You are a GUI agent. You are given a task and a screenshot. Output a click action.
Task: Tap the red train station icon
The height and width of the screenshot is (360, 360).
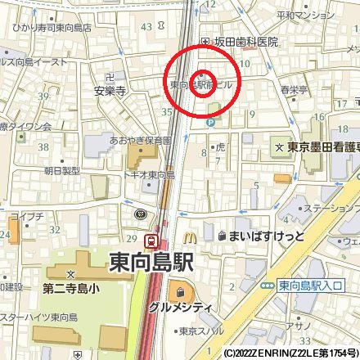click(x=151, y=241)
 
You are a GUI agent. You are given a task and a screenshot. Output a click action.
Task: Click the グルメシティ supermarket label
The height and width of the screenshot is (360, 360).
click(x=181, y=307)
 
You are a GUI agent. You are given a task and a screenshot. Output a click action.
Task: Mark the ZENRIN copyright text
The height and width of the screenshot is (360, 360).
click(x=290, y=353)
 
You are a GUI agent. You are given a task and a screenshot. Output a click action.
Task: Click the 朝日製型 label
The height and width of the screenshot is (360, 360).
click(x=62, y=170)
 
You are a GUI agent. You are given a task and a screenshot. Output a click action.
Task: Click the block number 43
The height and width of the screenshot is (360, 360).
click(x=146, y=27)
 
